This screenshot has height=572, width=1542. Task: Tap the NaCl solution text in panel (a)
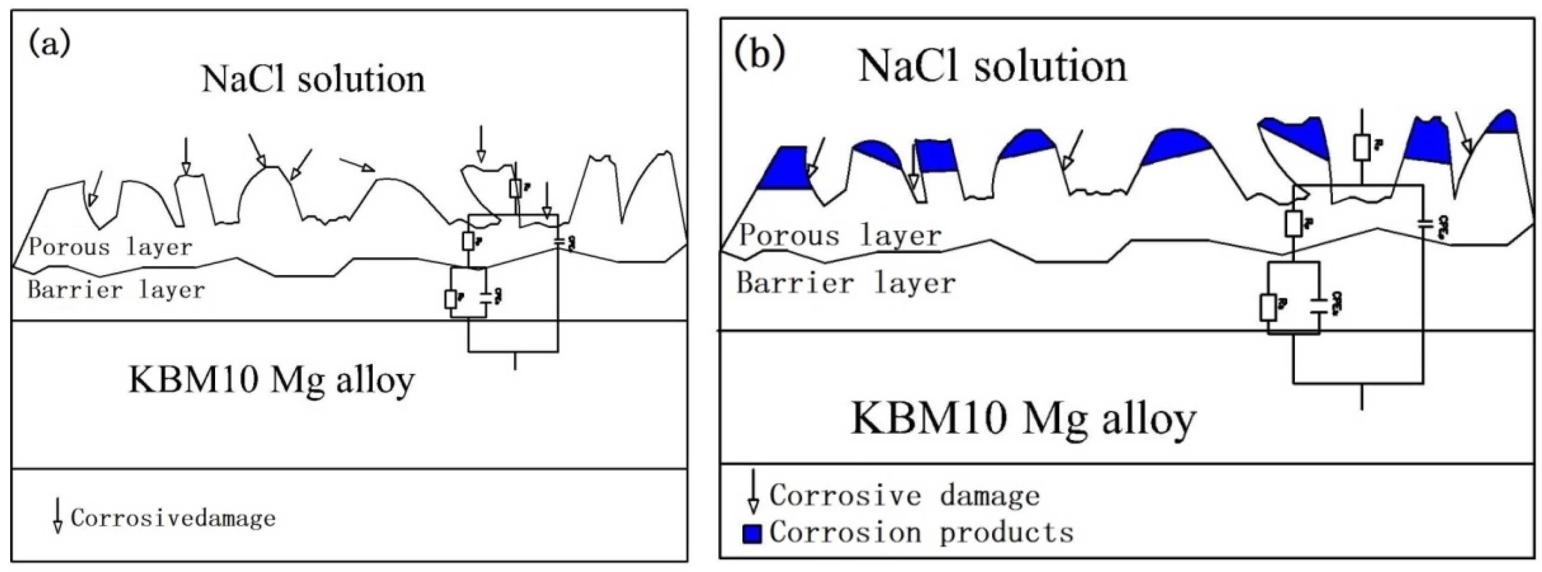(313, 79)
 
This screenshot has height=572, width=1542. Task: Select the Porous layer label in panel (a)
(111, 247)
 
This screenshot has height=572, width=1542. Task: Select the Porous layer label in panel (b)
(840, 235)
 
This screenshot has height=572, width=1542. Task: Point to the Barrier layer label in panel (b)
(845, 283)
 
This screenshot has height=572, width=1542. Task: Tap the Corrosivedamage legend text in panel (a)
(173, 518)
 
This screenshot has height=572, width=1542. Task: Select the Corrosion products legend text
(921, 532)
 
